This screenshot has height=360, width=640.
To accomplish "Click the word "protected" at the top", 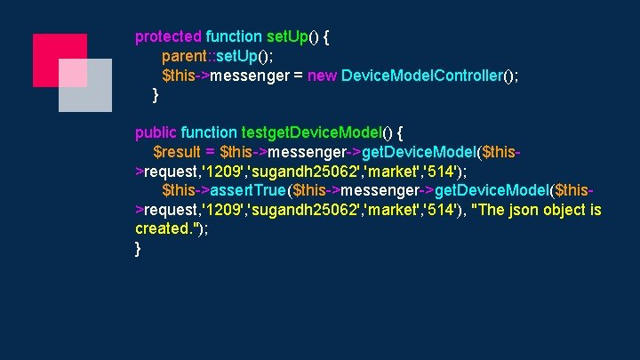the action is (168, 37).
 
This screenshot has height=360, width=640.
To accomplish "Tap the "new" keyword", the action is (322, 76).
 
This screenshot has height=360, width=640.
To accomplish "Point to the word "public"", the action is (156, 133).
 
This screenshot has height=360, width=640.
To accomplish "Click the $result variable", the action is (177, 153).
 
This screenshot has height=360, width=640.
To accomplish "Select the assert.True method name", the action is (250, 191).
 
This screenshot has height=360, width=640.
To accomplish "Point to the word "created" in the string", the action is (161, 229).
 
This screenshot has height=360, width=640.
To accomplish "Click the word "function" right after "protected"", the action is (234, 37).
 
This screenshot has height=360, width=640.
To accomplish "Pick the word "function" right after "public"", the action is (209, 133).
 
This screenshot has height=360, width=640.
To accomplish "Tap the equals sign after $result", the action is (210, 153).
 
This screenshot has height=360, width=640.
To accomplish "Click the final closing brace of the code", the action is (138, 249).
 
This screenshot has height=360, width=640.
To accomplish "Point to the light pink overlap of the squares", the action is (73, 74).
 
